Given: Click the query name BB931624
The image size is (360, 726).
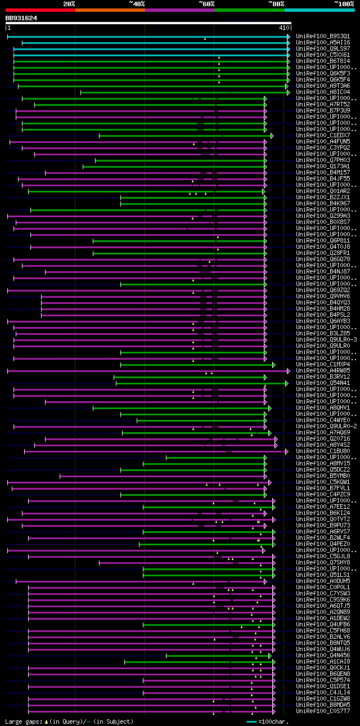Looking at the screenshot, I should point(21,18).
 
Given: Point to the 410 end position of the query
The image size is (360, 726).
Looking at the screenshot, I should point(283,27).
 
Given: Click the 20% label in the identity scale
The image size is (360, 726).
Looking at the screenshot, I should point(69,3).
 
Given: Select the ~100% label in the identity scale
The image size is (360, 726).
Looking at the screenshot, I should point(344,3).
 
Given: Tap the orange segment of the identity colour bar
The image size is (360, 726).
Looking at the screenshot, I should point(110,10).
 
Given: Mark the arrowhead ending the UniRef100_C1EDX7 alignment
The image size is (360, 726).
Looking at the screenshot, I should point(272,136).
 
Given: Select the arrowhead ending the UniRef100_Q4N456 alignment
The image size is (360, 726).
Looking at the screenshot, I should point(270,656).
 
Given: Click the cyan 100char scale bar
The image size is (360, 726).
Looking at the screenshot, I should point(251,721).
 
